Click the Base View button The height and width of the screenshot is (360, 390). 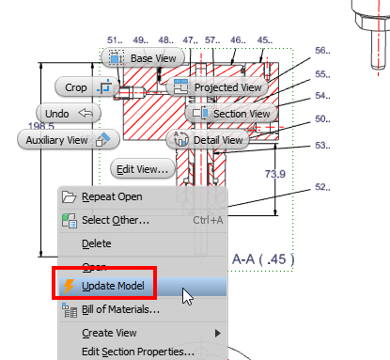point(143,58)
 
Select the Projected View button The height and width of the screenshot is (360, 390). point(217,87)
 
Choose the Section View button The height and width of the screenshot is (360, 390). point(231,114)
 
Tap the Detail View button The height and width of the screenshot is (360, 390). point(209,140)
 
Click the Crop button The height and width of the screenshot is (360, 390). point(87,87)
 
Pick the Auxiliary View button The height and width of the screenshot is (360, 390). point(64,140)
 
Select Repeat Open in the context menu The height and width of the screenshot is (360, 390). point(112,197)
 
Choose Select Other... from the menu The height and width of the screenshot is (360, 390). point(116,220)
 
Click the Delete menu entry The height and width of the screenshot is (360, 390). point(96,243)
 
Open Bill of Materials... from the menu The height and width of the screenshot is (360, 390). point(120,308)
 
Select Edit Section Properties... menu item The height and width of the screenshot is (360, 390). point(138,352)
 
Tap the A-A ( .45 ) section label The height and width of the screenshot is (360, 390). point(263,258)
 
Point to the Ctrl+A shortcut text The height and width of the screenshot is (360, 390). point(207,220)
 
